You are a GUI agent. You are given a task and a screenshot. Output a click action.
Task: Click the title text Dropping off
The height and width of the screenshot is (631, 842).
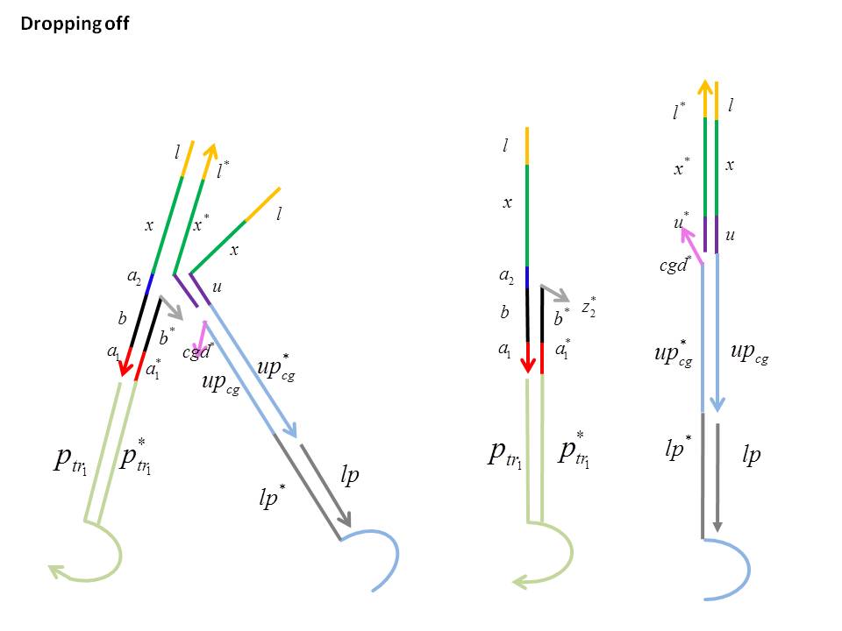(x=75, y=24)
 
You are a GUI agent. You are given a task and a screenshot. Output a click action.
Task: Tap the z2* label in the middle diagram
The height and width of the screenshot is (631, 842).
(x=589, y=308)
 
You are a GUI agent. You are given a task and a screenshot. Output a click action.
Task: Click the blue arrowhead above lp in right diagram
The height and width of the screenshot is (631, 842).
(x=717, y=404)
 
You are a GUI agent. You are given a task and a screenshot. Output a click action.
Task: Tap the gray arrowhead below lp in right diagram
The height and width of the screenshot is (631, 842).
(x=717, y=527)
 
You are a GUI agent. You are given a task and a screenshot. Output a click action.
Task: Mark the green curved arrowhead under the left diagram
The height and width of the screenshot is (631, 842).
(x=56, y=572)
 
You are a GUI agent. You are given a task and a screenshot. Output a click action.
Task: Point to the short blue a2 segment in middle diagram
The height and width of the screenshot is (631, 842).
(x=527, y=276)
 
